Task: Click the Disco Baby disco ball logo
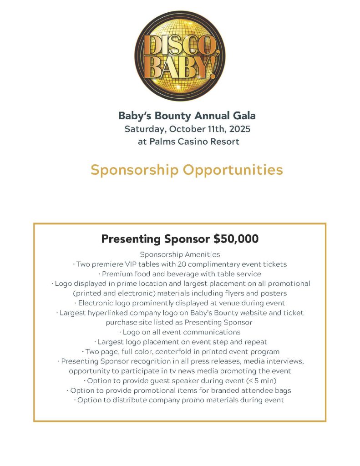(x=180, y=56)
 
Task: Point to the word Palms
(x=163, y=142)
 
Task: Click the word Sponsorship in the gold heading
(x=134, y=170)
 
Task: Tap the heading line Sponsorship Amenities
(x=180, y=254)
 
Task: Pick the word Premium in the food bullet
(x=118, y=274)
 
